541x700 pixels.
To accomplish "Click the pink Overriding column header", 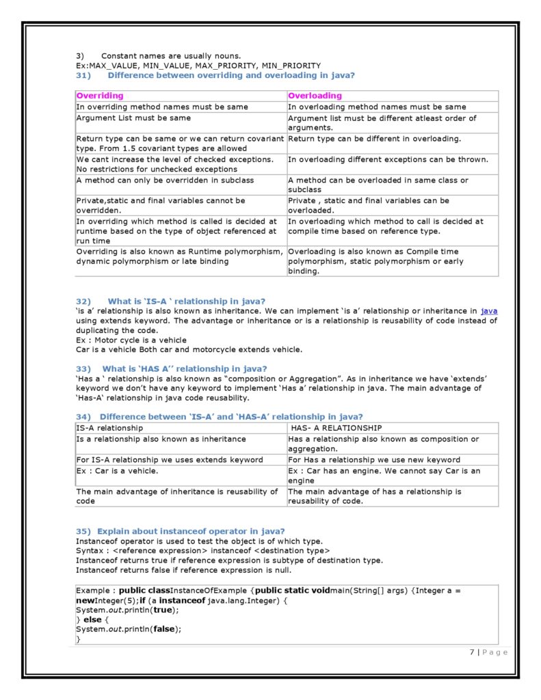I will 100,96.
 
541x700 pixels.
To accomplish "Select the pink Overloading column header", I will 315,96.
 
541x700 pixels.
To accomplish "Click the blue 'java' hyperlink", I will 489,312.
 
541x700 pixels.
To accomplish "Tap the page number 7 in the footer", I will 472,652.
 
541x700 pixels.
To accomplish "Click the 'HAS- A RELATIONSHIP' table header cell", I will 337,428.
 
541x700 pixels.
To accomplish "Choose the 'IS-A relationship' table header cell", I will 109,428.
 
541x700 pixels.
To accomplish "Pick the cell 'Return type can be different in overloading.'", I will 374,139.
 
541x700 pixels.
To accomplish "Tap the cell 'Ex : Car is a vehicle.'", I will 117,471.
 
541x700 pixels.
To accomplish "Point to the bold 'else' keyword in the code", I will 92,620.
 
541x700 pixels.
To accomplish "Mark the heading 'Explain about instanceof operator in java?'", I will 191,531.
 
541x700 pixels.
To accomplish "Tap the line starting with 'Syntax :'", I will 202,551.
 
